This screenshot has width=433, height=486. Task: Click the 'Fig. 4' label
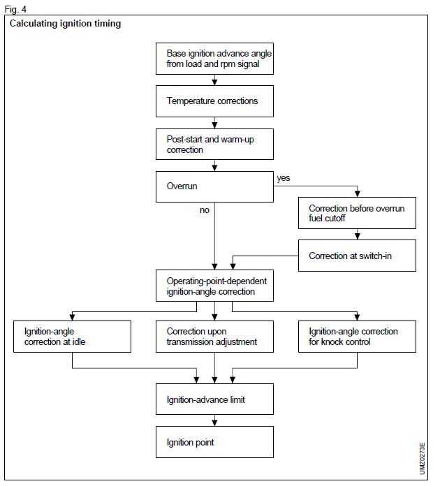15,9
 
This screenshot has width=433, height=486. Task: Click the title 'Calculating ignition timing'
65,24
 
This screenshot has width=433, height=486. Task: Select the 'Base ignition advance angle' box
214,59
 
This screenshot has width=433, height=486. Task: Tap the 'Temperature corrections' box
214,101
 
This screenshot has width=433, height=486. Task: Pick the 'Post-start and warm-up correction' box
214,145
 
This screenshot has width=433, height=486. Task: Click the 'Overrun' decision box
214,187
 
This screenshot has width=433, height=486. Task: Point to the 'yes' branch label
283,178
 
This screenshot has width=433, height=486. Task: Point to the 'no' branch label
205,209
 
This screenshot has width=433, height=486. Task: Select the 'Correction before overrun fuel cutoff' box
357,213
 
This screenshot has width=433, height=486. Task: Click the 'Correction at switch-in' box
357,256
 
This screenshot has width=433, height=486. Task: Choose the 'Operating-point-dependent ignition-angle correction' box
214,286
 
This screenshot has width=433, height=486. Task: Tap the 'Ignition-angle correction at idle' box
73,336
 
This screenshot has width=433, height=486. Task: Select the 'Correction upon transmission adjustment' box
214,336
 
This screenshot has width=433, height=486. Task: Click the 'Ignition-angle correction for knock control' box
357,336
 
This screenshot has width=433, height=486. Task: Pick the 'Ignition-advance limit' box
214,399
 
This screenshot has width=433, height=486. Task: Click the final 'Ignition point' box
214,442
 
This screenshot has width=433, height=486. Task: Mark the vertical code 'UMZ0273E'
422,458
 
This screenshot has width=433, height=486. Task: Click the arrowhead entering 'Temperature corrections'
214,82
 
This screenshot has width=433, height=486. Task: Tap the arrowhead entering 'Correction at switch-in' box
357,237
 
